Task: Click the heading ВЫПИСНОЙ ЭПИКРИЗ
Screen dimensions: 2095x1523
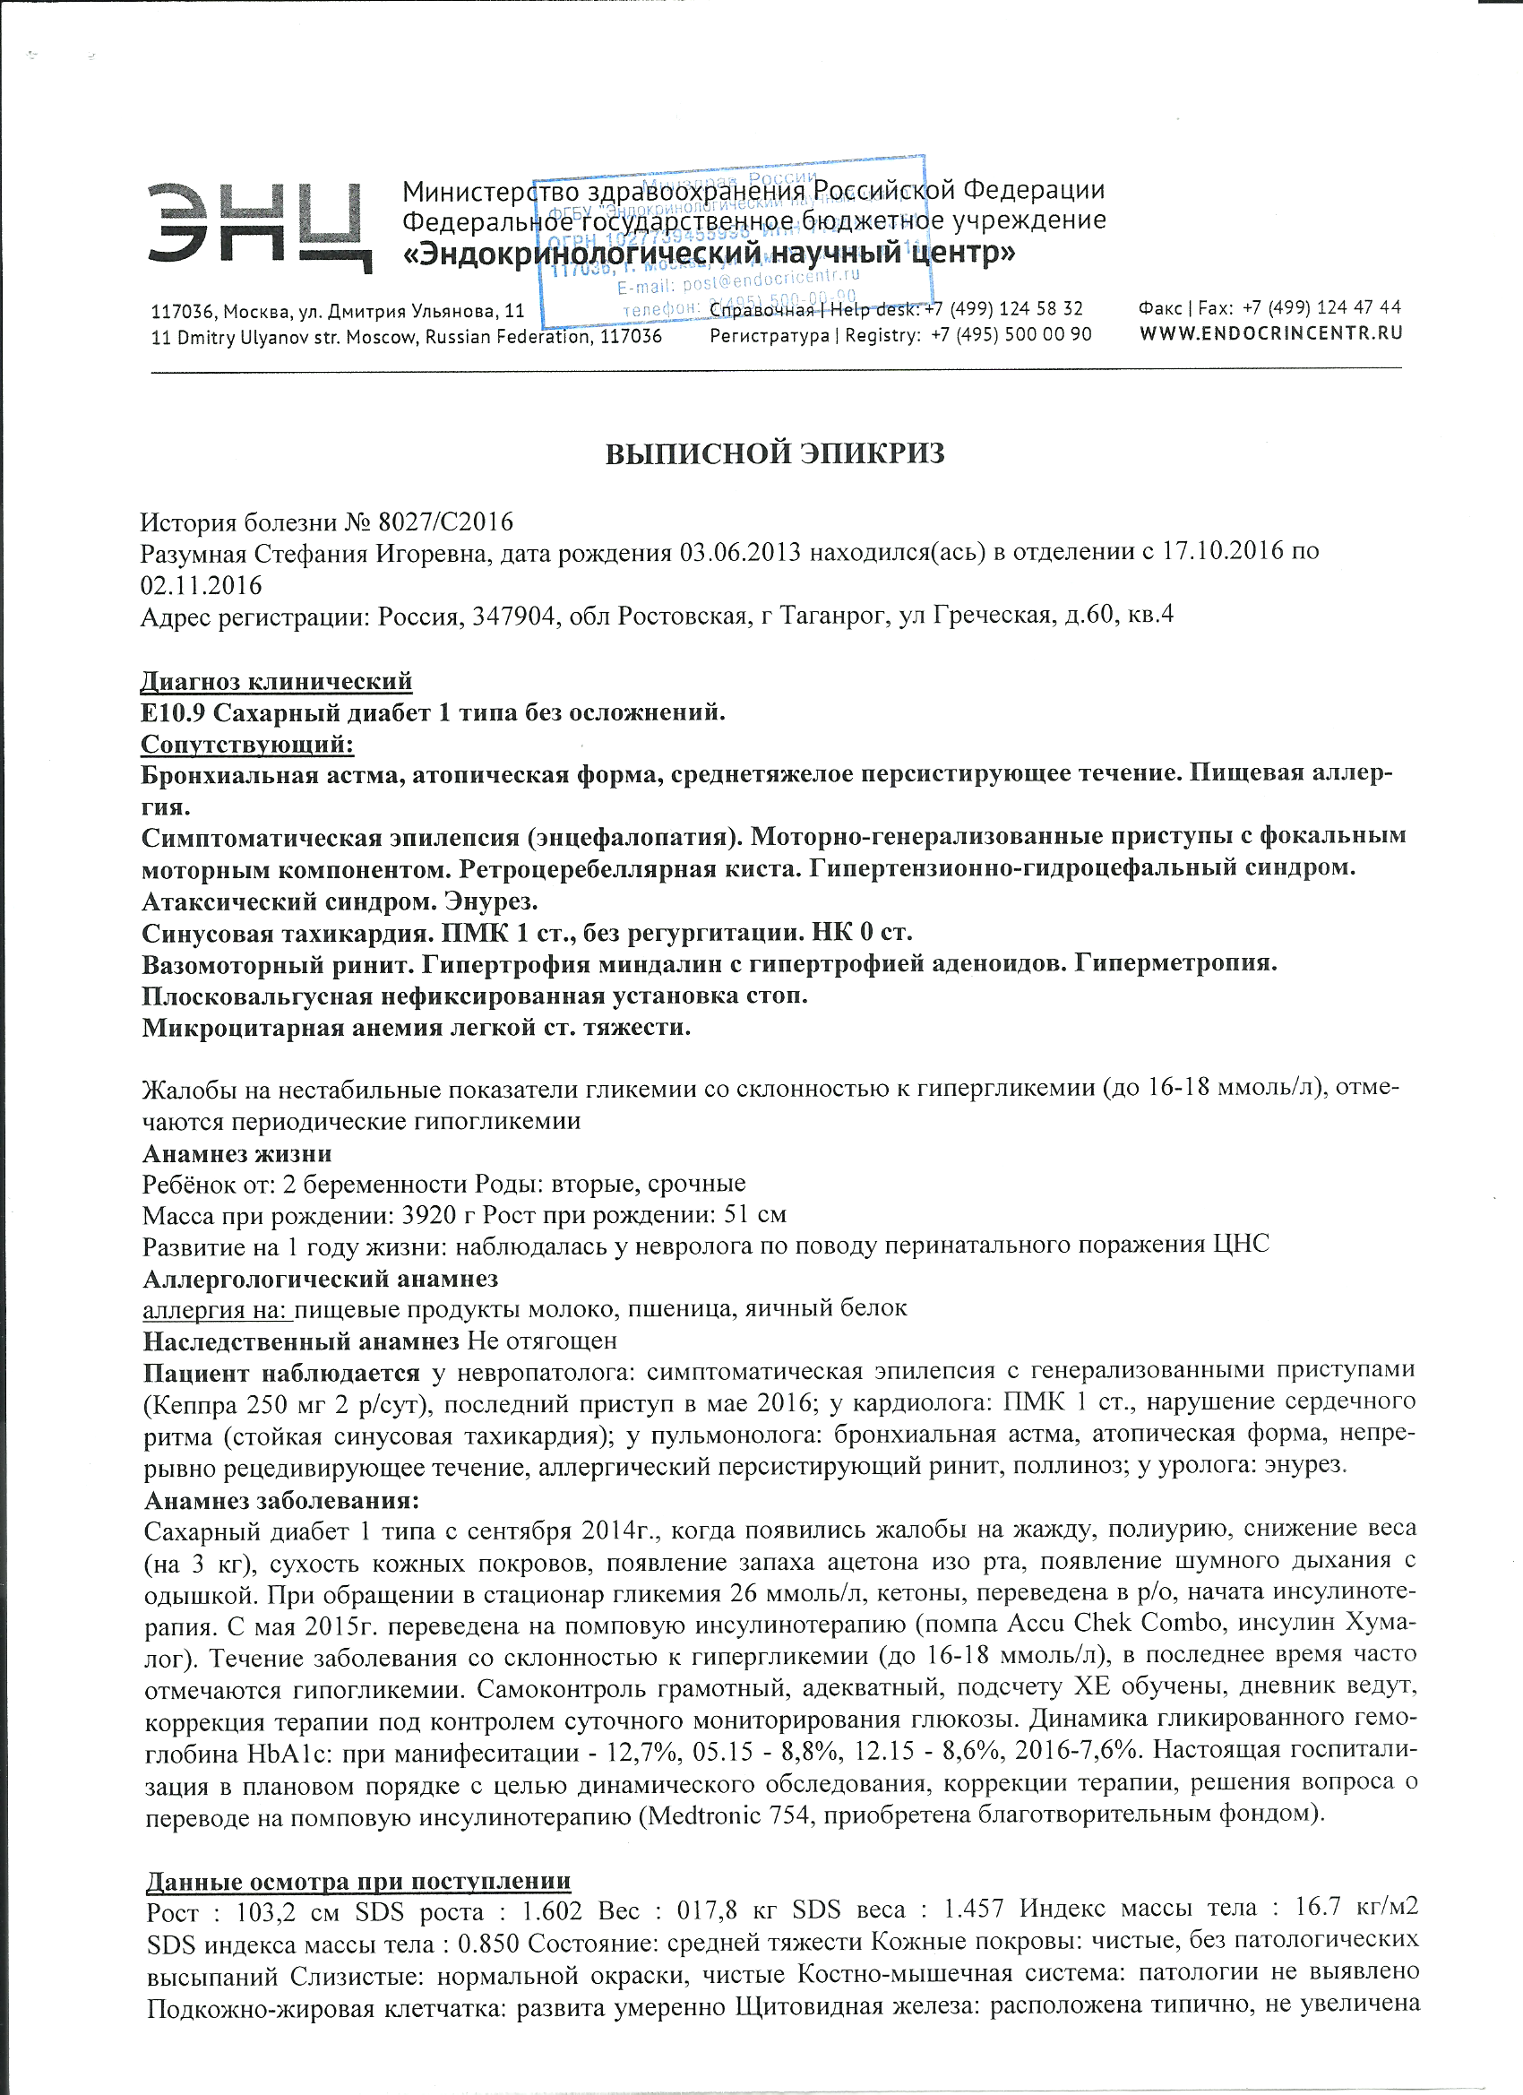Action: coord(775,453)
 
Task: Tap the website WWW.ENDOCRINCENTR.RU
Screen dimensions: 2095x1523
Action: coord(1271,333)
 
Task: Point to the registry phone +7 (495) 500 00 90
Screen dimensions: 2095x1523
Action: coord(1011,334)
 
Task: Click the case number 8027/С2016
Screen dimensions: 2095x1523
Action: coord(445,522)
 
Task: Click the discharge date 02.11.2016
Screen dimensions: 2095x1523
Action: coord(202,586)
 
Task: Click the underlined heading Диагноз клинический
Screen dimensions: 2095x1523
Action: coord(276,682)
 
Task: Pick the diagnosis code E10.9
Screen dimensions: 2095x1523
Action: coord(174,713)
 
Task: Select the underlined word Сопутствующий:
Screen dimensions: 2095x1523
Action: coord(246,745)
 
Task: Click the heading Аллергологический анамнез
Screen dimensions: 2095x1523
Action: coord(321,1279)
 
